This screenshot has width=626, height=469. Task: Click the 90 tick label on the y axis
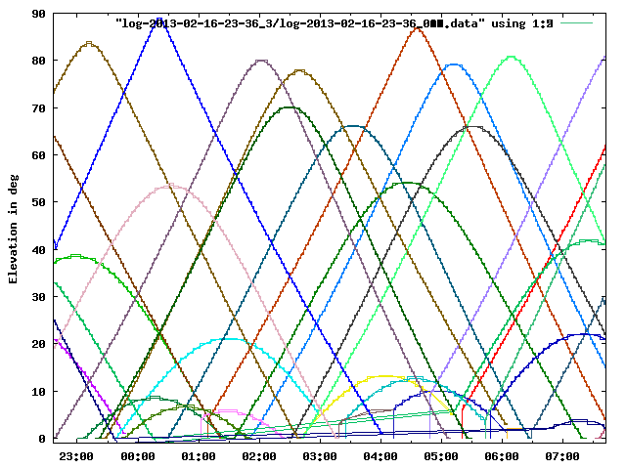(x=38, y=14)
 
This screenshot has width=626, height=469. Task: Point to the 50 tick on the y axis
(x=38, y=202)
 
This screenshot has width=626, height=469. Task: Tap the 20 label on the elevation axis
(x=38, y=344)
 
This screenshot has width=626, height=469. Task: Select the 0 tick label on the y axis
(x=42, y=439)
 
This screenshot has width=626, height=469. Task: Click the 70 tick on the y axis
(x=38, y=107)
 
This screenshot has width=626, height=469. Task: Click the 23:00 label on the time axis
(x=75, y=455)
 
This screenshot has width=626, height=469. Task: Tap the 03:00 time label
(x=319, y=455)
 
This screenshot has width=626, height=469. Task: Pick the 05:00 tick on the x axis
(x=440, y=455)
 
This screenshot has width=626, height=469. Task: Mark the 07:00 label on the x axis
(x=561, y=455)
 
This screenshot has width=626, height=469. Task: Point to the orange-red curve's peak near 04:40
(x=418, y=28)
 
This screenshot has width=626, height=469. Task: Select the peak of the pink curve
(x=170, y=184)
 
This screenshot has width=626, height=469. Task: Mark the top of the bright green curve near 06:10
(x=511, y=57)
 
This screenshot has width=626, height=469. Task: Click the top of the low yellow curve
(x=384, y=375)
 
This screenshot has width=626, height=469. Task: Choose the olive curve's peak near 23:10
(x=89, y=43)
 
